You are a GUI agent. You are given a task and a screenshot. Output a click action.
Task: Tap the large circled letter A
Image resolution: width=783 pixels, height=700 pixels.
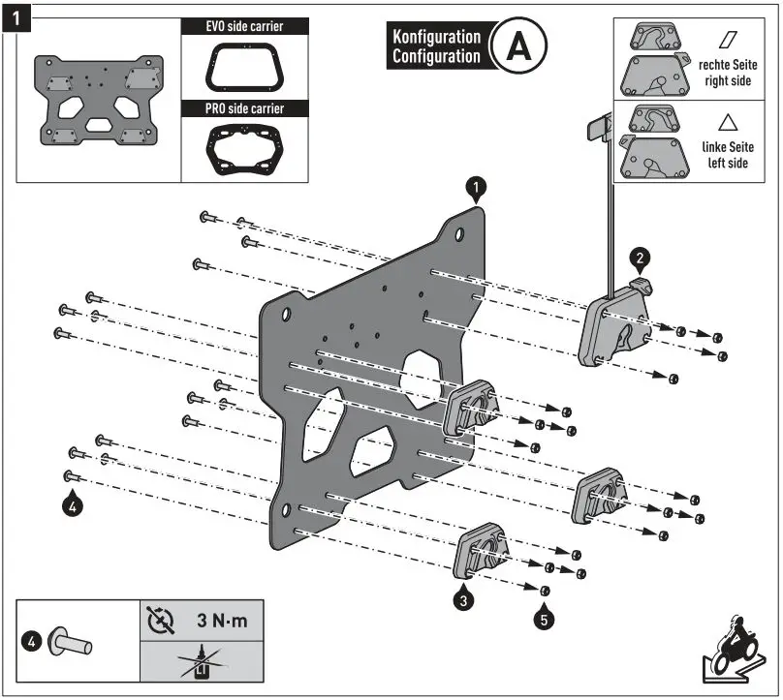click(518, 46)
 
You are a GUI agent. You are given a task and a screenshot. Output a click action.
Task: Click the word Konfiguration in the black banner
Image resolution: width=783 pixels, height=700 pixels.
click(436, 37)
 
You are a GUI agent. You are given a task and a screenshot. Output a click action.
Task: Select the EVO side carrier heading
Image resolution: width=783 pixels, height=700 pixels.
click(245, 26)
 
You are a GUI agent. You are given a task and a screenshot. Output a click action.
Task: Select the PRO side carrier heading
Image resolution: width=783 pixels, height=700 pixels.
click(245, 109)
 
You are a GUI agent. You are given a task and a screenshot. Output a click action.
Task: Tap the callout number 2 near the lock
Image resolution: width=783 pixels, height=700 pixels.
click(639, 258)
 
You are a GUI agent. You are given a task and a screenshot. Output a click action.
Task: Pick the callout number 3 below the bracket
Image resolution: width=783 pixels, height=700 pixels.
click(464, 600)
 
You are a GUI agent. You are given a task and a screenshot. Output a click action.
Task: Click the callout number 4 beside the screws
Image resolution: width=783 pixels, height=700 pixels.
click(73, 503)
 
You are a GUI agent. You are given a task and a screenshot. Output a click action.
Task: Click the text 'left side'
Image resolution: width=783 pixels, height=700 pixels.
click(726, 164)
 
